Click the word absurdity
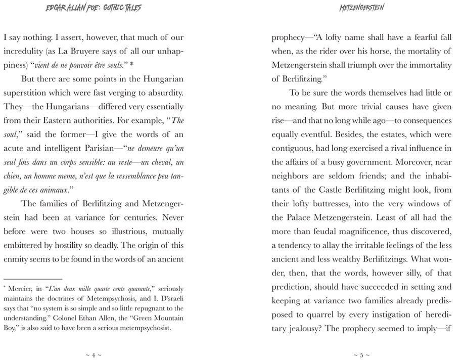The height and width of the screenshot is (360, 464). point(160,94)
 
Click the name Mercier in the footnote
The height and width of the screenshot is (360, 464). point(19,288)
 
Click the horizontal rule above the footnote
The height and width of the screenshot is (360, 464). point(32,278)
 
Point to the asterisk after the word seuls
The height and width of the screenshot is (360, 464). point(132,65)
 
